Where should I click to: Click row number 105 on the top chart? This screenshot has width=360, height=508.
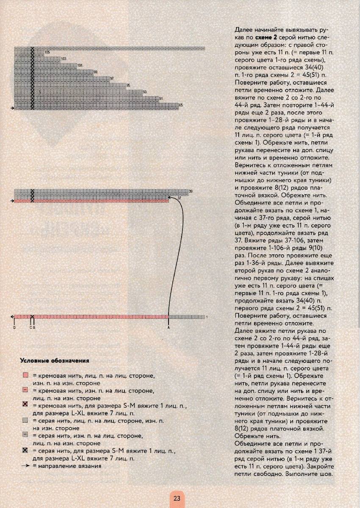tap(47, 52)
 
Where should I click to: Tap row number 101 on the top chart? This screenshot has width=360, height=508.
tap(80, 65)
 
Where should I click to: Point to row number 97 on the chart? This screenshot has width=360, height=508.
tap(112, 79)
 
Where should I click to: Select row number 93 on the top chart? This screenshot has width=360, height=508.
tap(145, 92)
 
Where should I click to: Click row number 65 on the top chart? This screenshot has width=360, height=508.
tap(181, 105)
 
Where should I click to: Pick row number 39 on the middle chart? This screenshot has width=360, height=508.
tap(191, 192)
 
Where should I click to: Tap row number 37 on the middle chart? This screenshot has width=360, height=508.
tap(180, 198)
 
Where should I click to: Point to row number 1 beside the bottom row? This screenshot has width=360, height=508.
tap(206, 317)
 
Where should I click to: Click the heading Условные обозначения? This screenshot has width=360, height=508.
tap(54, 361)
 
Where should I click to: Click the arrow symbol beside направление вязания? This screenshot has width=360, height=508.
tap(25, 466)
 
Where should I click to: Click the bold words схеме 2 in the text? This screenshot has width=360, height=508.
tap(262, 38)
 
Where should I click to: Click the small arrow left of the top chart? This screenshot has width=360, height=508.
tap(12, 108)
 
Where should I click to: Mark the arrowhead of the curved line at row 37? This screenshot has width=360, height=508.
tap(169, 197)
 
